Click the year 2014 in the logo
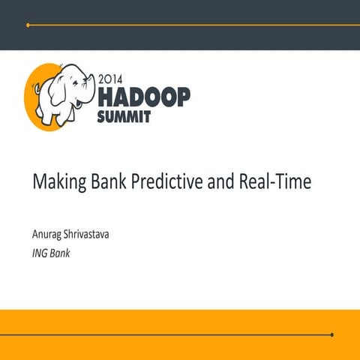pyautogui.click(x=112, y=77)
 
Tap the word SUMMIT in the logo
pyautogui.click(x=124, y=115)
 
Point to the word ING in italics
pyautogui.click(x=39, y=253)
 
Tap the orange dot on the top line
pyautogui.click(x=28, y=25)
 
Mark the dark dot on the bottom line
pyautogui.click(x=331, y=334)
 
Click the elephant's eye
pyautogui.click(x=82, y=76)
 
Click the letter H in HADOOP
pyautogui.click(x=106, y=95)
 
